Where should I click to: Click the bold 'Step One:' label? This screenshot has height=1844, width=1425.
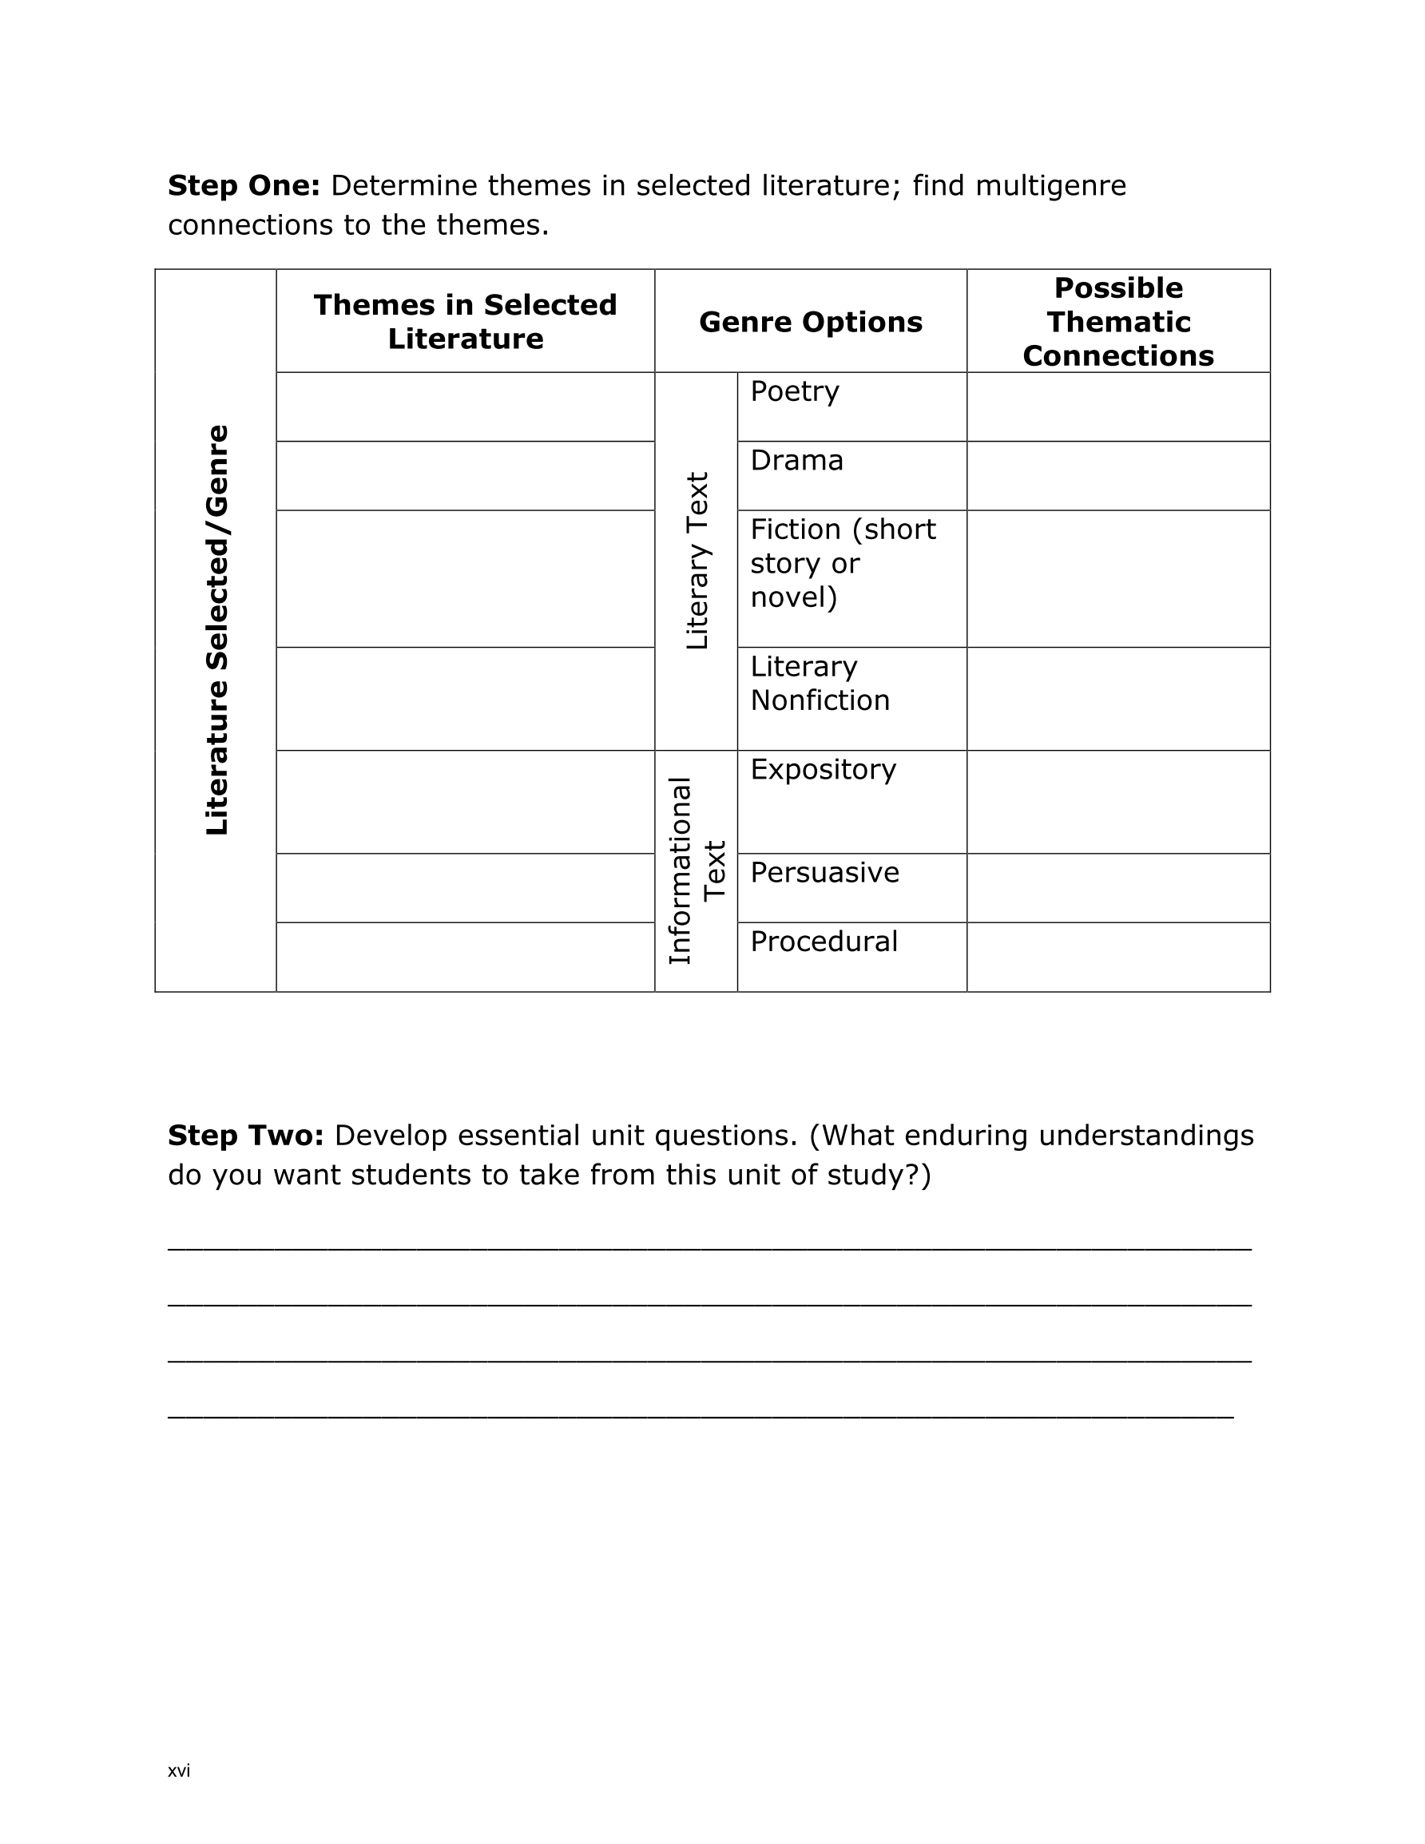pos(244,186)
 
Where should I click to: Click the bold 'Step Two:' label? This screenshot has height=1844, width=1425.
pos(245,1136)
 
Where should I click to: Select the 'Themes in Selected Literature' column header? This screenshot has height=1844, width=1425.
pos(466,322)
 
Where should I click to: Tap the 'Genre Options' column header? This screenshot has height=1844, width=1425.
pos(810,322)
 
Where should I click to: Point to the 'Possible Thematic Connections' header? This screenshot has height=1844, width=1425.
pos(1117,322)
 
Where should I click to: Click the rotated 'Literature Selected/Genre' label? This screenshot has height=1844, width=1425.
pos(217,630)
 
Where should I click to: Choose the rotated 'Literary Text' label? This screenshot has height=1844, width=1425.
pos(697,561)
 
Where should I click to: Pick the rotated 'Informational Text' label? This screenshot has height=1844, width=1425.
pos(697,870)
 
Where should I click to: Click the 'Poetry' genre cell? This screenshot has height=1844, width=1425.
pos(794,392)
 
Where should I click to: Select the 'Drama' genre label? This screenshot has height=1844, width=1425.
pos(796,461)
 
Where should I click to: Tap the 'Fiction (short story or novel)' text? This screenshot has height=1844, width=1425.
pos(842,563)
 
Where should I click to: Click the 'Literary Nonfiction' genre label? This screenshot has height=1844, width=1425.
pos(820,683)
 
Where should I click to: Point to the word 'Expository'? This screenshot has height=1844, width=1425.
pos(823,769)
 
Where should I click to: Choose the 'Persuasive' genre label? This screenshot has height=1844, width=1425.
pos(824,872)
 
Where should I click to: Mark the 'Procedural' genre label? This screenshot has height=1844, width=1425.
pos(824,942)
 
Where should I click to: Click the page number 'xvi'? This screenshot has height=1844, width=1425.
pos(179,1771)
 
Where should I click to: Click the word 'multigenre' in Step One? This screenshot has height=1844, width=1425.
pos(1050,186)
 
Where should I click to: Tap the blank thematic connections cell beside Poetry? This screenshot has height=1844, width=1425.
pos(1117,407)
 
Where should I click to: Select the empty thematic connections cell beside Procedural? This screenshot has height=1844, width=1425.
pos(1117,958)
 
